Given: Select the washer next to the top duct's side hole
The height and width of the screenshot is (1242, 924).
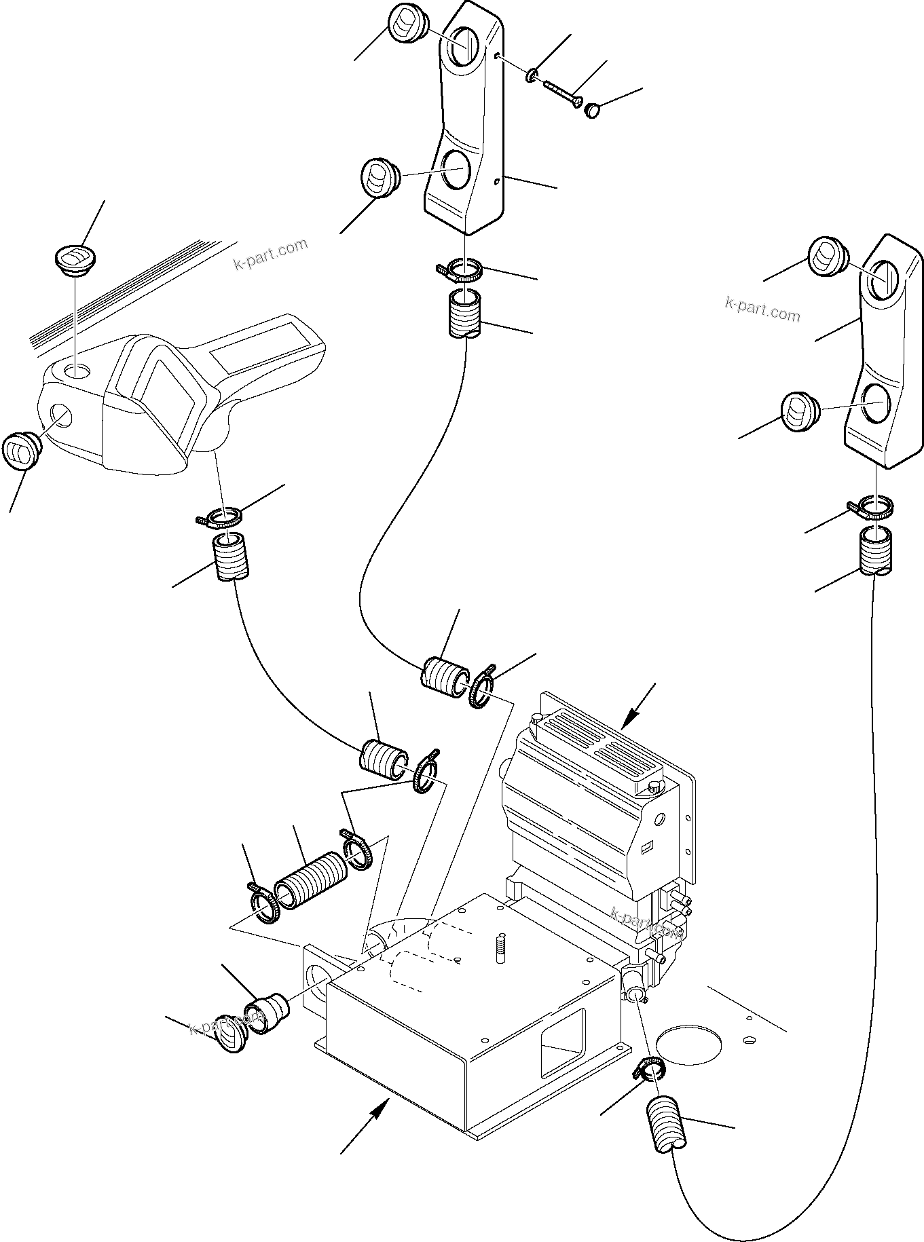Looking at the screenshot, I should click(532, 74).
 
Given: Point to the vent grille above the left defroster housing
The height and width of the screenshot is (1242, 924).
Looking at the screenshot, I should click(75, 260).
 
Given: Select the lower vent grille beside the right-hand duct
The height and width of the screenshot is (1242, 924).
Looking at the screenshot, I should click(799, 411).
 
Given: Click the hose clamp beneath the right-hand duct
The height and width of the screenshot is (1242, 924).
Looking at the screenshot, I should click(872, 507).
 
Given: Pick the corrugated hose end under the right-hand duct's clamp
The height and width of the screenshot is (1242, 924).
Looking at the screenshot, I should click(876, 551).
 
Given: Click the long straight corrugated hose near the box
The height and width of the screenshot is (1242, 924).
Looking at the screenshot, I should click(311, 880).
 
